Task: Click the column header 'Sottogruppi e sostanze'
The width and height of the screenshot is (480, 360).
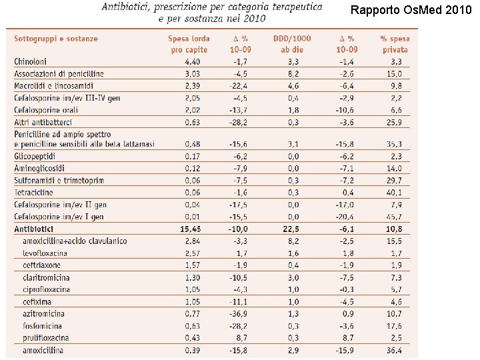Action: (x=56, y=39)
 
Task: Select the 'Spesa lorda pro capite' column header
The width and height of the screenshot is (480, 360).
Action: (x=189, y=44)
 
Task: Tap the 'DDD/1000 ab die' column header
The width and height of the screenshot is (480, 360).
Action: (x=292, y=44)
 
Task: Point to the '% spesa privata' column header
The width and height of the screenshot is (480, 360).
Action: (x=395, y=44)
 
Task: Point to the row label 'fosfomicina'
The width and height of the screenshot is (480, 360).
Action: (x=45, y=325)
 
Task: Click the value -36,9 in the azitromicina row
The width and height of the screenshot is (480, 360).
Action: (x=238, y=313)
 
